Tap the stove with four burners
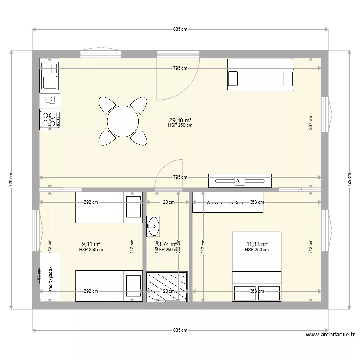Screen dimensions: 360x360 [49, 120]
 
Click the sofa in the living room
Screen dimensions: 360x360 [260, 74]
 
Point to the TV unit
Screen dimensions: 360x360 [240, 180]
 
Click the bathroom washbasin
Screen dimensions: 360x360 [153, 226]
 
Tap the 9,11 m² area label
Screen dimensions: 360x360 [91, 244]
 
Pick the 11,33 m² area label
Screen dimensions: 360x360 [256, 244]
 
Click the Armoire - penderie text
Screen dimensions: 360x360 [226, 203]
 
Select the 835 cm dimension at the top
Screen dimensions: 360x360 [180, 29]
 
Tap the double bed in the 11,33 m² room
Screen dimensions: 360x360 [256, 266]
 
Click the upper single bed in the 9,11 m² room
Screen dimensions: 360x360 [108, 207]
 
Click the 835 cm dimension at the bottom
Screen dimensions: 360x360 [180, 330]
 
